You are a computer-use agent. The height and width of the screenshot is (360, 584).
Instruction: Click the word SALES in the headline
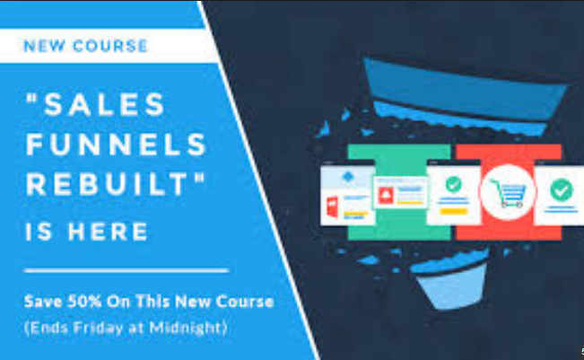[107, 105]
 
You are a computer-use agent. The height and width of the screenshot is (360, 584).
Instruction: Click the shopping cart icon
[507, 191]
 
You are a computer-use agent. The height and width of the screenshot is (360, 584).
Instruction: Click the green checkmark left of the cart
[453, 184]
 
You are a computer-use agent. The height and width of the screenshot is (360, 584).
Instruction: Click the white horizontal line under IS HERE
[126, 268]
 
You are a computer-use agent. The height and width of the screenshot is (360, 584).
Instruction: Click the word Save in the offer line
[42, 301]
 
